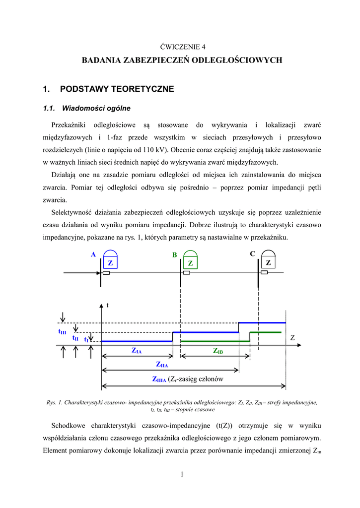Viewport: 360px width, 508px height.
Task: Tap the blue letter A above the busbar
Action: pyautogui.click(x=93, y=254)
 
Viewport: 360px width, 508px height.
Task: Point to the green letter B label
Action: pyautogui.click(x=174, y=255)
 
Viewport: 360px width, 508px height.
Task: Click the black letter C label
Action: pyautogui.click(x=252, y=254)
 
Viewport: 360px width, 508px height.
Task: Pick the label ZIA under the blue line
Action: pyautogui.click(x=137, y=351)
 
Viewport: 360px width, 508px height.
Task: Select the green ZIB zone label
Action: pyautogui.click(x=218, y=351)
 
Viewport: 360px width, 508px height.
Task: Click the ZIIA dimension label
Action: pyautogui.click(x=162, y=365)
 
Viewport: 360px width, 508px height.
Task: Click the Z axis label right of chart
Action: pyautogui.click(x=292, y=338)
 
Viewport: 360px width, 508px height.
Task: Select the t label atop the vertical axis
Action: pyautogui.click(x=107, y=306)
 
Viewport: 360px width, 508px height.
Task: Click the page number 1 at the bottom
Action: pyautogui.click(x=182, y=475)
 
